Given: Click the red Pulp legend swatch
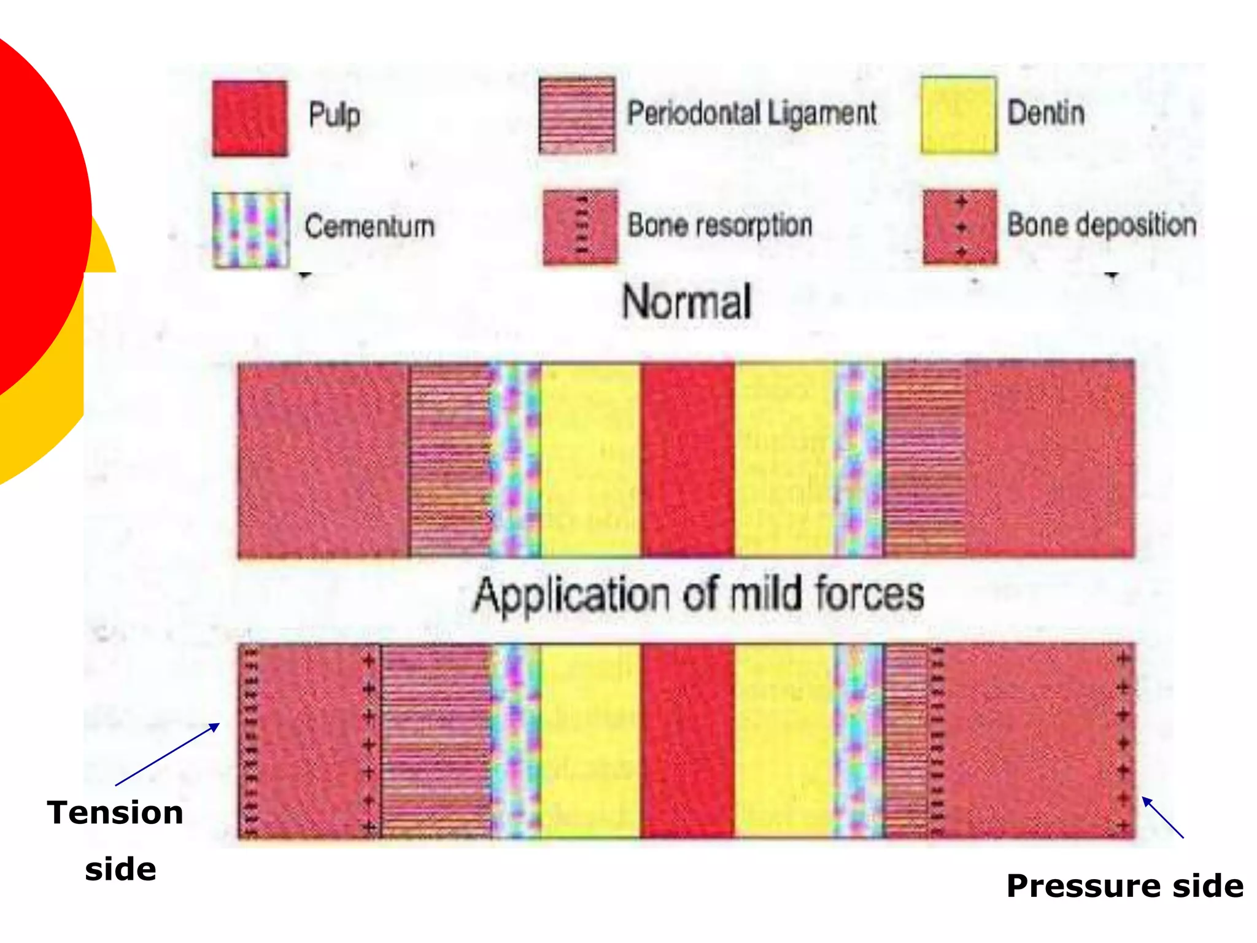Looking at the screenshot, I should click(249, 118).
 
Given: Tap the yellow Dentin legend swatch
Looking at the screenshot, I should click(958, 115).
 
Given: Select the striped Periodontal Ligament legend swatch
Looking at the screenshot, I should click(576, 115).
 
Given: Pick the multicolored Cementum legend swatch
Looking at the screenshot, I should click(250, 230).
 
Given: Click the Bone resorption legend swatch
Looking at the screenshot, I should click(580, 227).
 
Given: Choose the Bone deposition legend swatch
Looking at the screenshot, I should click(960, 227).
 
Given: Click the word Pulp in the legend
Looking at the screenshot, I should click(334, 115).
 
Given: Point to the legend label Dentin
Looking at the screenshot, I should click(1046, 113).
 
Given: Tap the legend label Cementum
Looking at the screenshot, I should click(369, 226).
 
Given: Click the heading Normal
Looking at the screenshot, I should click(686, 302).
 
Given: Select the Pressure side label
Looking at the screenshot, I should click(1124, 886).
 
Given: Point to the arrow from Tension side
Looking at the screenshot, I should click(167, 755).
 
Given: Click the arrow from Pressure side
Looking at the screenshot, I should click(1162, 817).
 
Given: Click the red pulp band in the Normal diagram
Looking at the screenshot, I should click(687, 459).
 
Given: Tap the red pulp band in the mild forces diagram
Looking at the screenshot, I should click(687, 740).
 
